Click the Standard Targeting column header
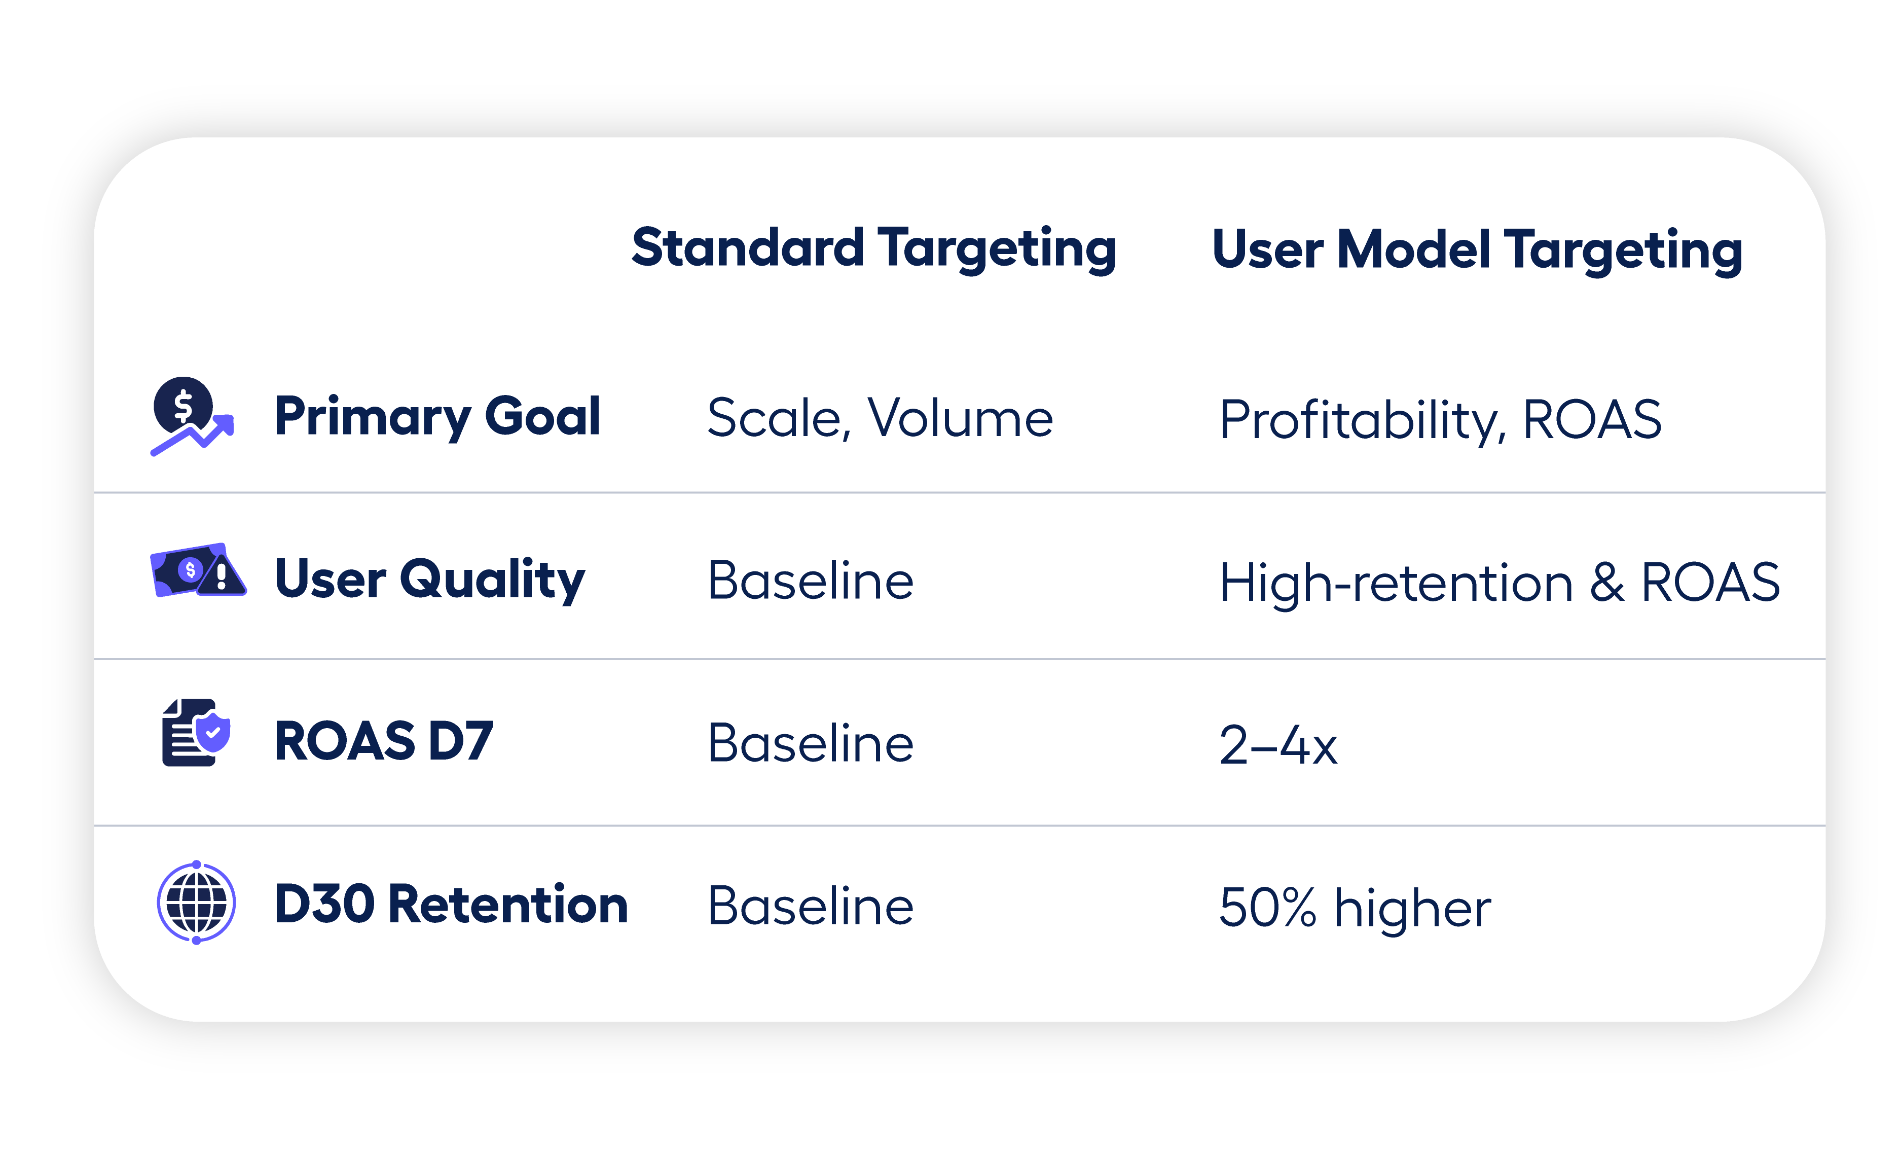[873, 248]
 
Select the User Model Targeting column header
[1477, 250]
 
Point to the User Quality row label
[430, 580]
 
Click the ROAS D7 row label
[383, 741]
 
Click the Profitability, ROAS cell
[1440, 420]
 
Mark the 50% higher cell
[1355, 908]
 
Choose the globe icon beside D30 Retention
[196, 902]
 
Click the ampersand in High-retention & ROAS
[1607, 583]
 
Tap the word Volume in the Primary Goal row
[961, 418]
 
